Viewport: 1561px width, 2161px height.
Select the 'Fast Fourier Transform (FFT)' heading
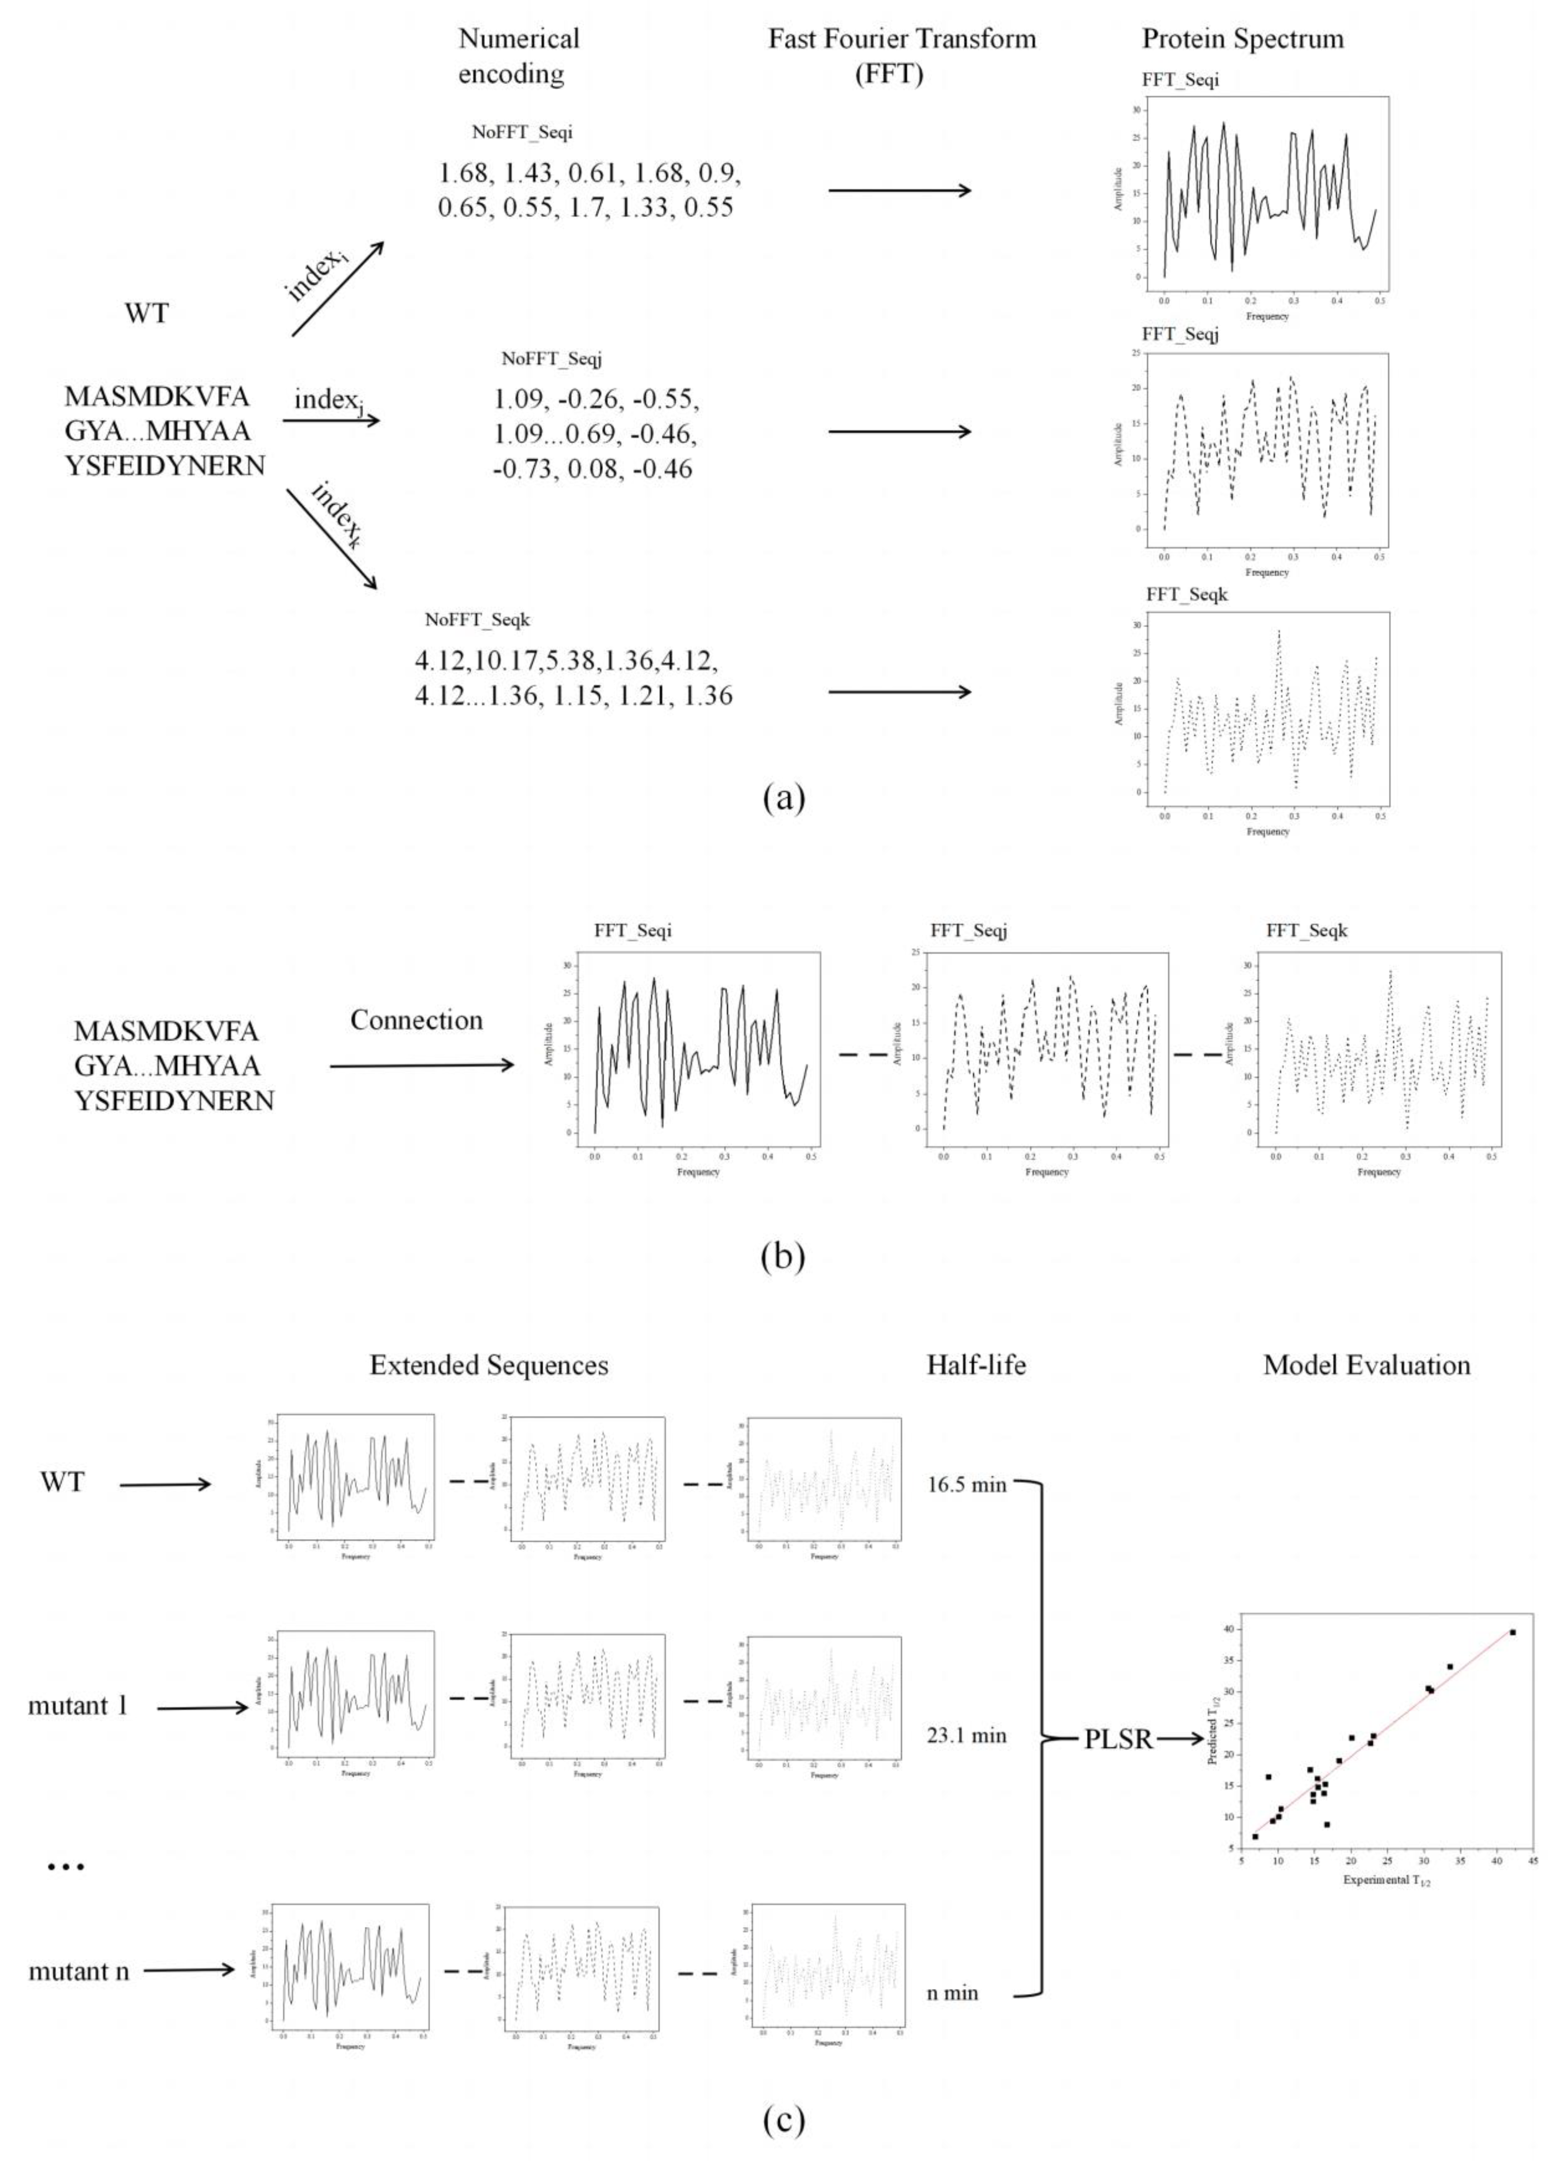click(x=901, y=56)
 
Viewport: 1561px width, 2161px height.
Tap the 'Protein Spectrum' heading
click(x=1243, y=39)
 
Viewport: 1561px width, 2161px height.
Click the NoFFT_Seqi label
click(x=522, y=133)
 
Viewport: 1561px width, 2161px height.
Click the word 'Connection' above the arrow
click(x=417, y=1020)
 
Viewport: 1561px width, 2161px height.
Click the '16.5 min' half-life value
click(x=966, y=1483)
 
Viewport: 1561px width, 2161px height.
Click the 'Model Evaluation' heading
click(x=1366, y=1365)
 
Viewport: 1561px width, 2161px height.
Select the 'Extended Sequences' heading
click(x=489, y=1365)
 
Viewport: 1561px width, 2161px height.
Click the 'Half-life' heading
click(x=976, y=1365)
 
